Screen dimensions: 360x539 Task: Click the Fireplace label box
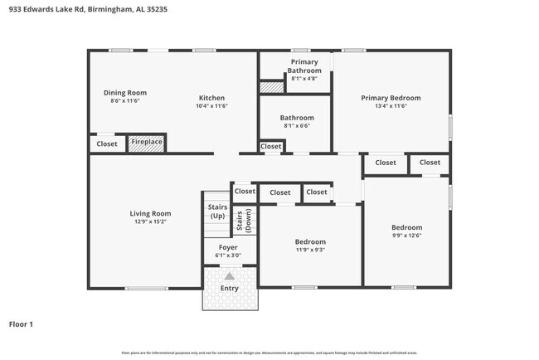coord(147,144)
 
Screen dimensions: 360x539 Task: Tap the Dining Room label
coord(124,92)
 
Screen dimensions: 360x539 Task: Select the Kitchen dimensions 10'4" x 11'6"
coord(211,106)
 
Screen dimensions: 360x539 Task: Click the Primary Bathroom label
coord(304,66)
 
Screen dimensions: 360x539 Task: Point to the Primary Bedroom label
coord(391,98)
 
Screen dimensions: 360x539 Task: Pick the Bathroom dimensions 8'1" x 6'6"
coord(297,127)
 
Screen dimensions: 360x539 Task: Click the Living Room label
coord(150,214)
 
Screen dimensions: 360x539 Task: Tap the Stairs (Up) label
coord(216,211)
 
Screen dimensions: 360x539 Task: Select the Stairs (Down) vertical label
coord(240,221)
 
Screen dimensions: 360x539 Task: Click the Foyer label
coord(228,247)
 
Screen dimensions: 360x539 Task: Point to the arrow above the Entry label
coord(229,276)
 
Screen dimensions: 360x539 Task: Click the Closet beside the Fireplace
coord(107,144)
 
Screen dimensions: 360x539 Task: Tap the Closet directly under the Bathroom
coord(271,147)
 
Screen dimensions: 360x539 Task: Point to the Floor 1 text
coord(21,324)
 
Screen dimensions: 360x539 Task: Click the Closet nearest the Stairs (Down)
coord(245,191)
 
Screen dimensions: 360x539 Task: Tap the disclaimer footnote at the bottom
coord(269,353)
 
